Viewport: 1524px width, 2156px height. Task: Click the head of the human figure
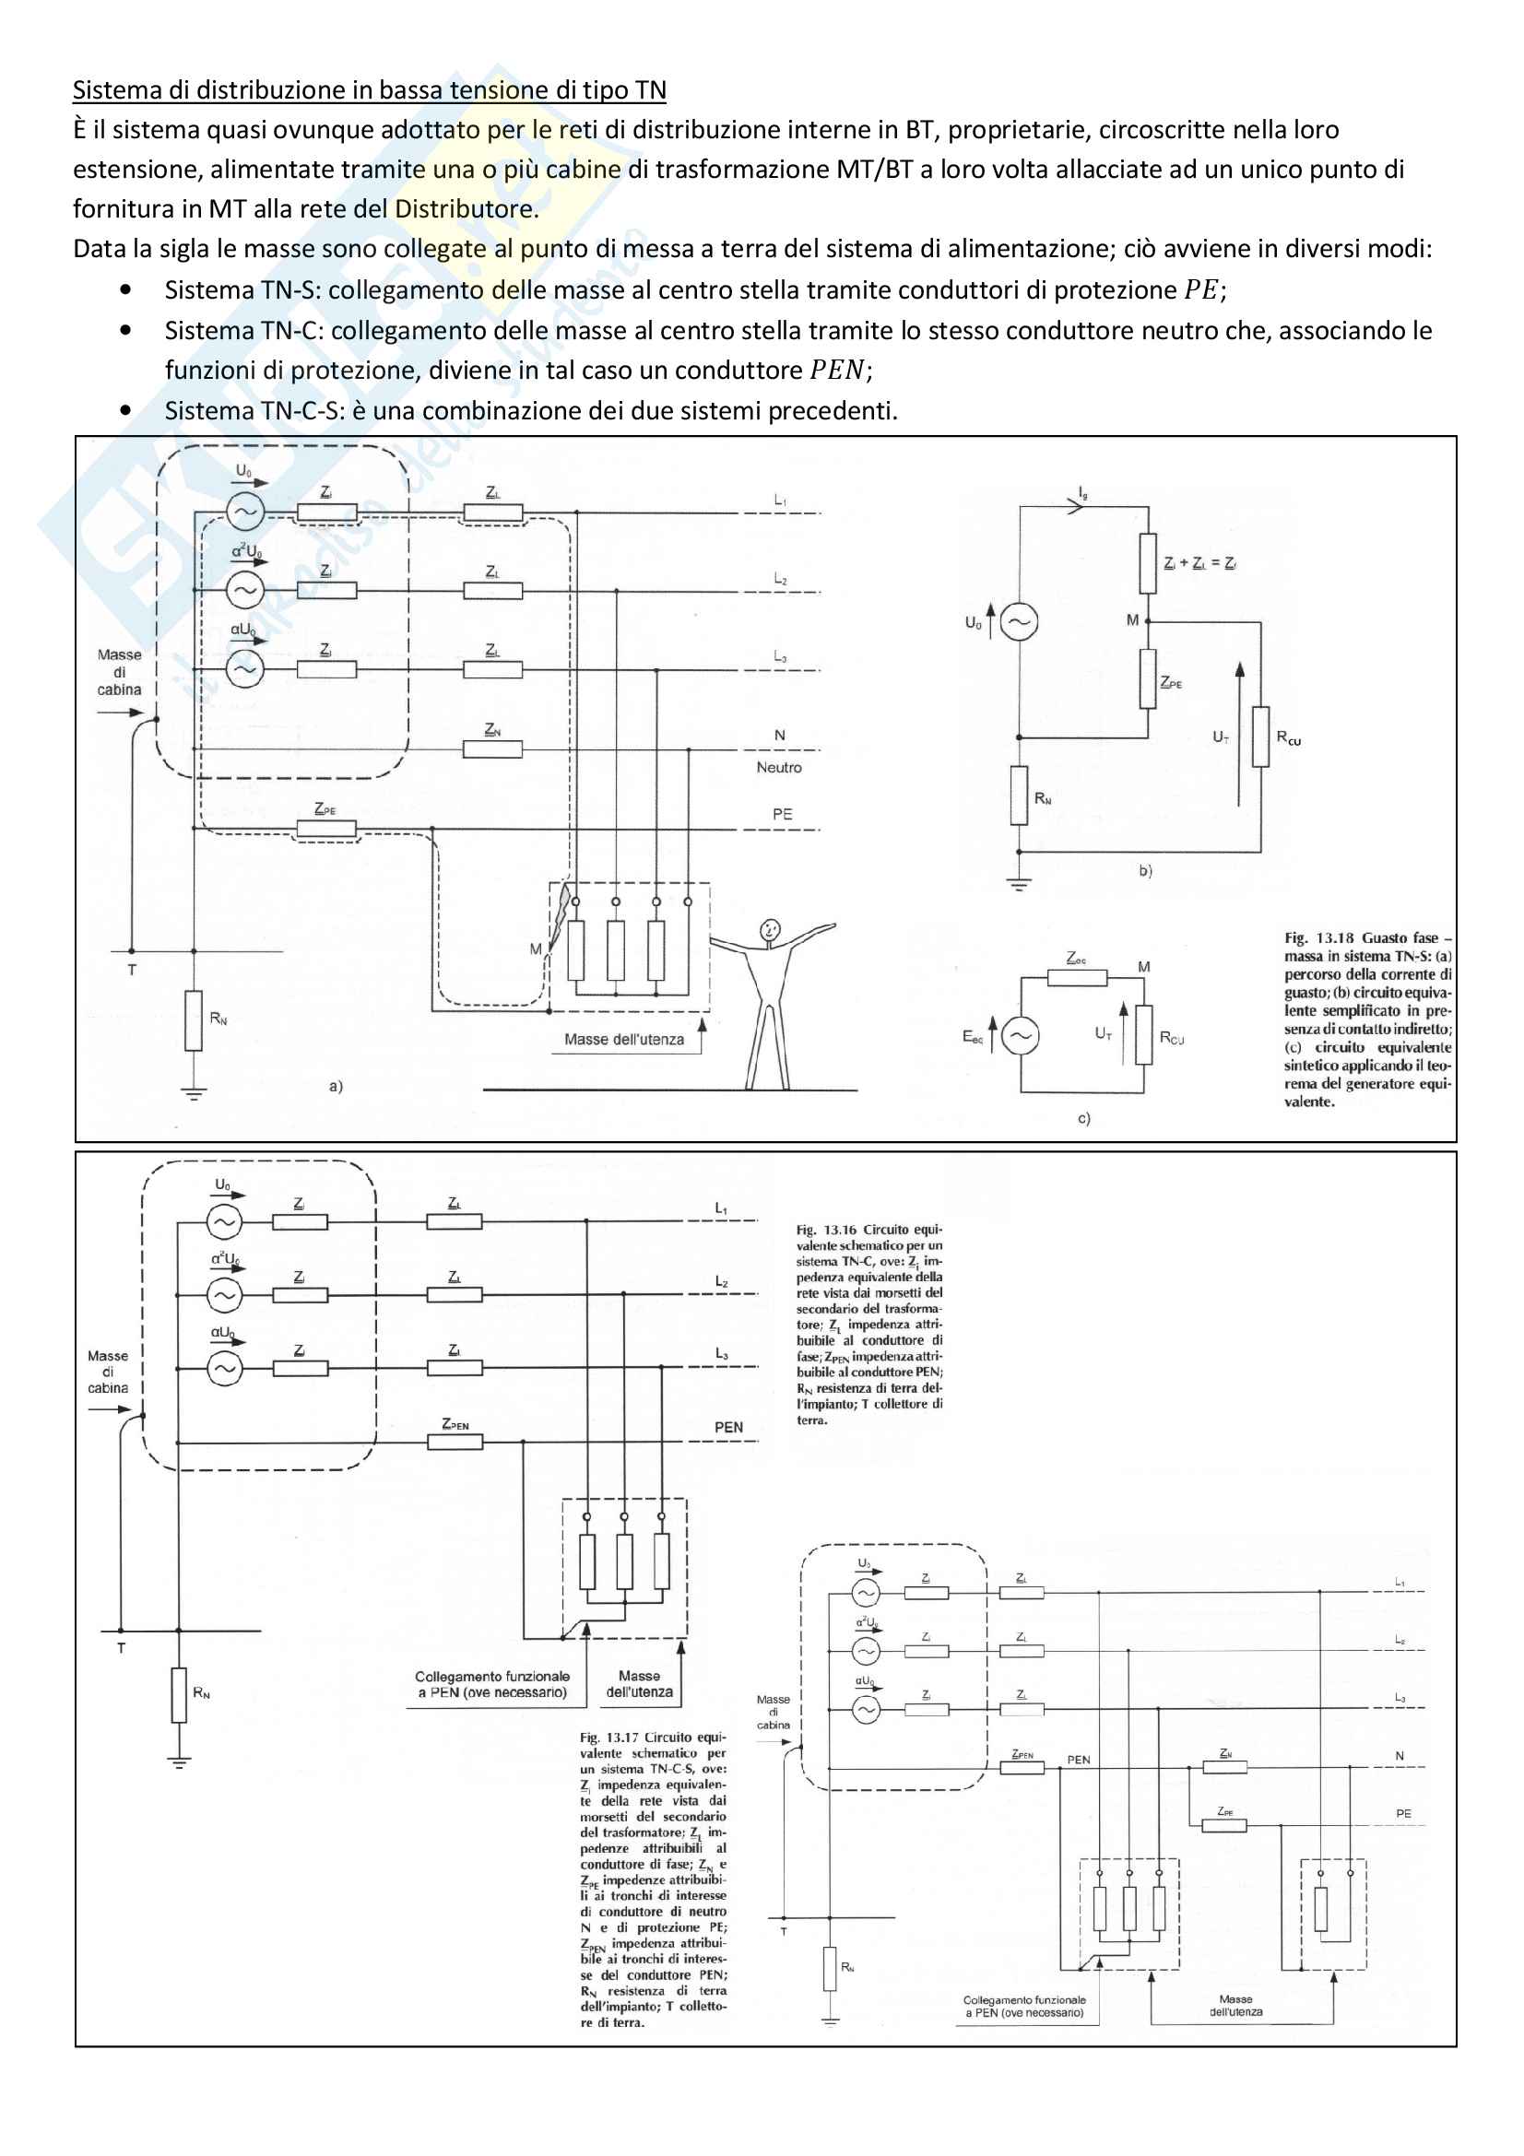[769, 931]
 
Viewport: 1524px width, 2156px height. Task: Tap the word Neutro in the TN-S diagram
[778, 767]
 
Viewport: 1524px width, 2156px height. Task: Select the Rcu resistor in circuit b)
[1260, 736]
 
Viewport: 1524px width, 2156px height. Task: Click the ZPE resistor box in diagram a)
[325, 829]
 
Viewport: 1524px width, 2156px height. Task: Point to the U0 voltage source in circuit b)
[1019, 621]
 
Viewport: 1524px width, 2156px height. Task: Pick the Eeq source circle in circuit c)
[1020, 1036]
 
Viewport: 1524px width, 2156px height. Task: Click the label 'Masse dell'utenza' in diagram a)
[623, 1040]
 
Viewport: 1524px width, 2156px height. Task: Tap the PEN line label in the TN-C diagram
[728, 1427]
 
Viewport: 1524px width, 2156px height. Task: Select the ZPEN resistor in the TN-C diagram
[455, 1442]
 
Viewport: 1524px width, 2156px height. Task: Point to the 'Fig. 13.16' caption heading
[826, 1230]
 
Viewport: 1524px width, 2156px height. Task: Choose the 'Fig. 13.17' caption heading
[608, 1738]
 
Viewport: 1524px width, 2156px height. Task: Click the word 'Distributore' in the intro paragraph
[464, 208]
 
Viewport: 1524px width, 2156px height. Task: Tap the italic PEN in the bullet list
[836, 370]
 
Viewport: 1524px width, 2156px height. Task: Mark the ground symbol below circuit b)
[1020, 884]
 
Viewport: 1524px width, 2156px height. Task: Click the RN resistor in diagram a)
[194, 1020]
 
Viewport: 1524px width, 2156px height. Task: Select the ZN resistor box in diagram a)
[492, 749]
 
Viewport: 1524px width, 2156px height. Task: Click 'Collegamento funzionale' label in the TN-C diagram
[492, 1676]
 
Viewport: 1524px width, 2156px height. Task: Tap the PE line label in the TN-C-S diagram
[1403, 1813]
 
